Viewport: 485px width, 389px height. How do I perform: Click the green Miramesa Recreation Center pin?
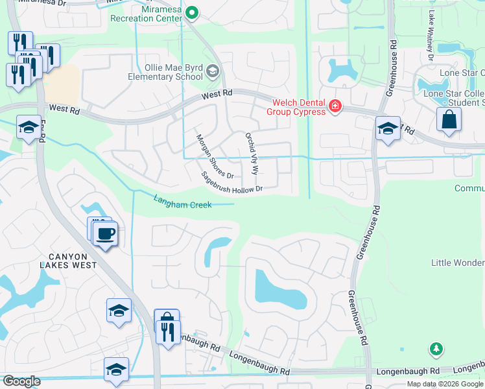tap(192, 12)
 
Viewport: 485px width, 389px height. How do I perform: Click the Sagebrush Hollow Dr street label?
tap(231, 182)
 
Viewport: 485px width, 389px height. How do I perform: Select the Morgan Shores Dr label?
tap(215, 156)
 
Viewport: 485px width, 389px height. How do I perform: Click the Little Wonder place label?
tap(458, 263)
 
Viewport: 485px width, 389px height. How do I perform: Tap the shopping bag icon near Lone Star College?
tap(448, 120)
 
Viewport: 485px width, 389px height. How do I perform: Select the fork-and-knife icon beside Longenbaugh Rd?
tap(168, 332)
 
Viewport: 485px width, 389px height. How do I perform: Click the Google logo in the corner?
tap(21, 381)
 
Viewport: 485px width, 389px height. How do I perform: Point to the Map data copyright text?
tap(445, 384)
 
